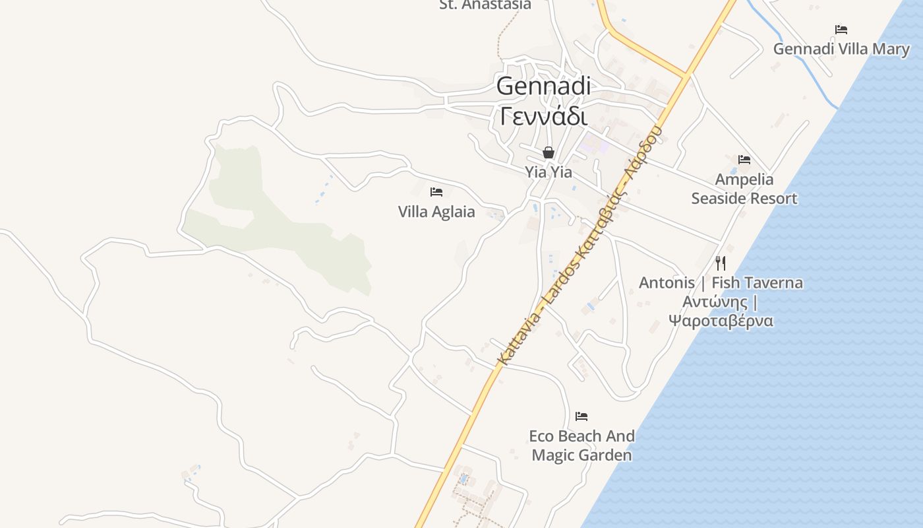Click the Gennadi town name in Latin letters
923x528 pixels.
pos(543,86)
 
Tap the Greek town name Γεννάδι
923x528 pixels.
pos(543,117)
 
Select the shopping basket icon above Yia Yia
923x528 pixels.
pos(549,153)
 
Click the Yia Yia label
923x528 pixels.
pos(549,172)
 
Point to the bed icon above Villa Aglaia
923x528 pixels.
pos(436,192)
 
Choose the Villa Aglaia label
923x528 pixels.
pos(436,212)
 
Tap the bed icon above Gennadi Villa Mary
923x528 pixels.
pos(841,30)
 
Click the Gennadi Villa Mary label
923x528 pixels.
pos(841,49)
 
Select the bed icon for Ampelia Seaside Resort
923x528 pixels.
pos(744,160)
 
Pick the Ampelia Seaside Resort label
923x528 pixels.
pos(744,189)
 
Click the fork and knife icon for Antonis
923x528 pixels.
pos(721,263)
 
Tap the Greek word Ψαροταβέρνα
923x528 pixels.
pos(721,321)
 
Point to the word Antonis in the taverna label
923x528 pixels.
pos(667,283)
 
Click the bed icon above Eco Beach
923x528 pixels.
pos(581,416)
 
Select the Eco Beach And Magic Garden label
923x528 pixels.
pos(581,445)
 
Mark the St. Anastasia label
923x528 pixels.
pos(485,5)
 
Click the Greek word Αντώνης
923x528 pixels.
pos(715,302)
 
